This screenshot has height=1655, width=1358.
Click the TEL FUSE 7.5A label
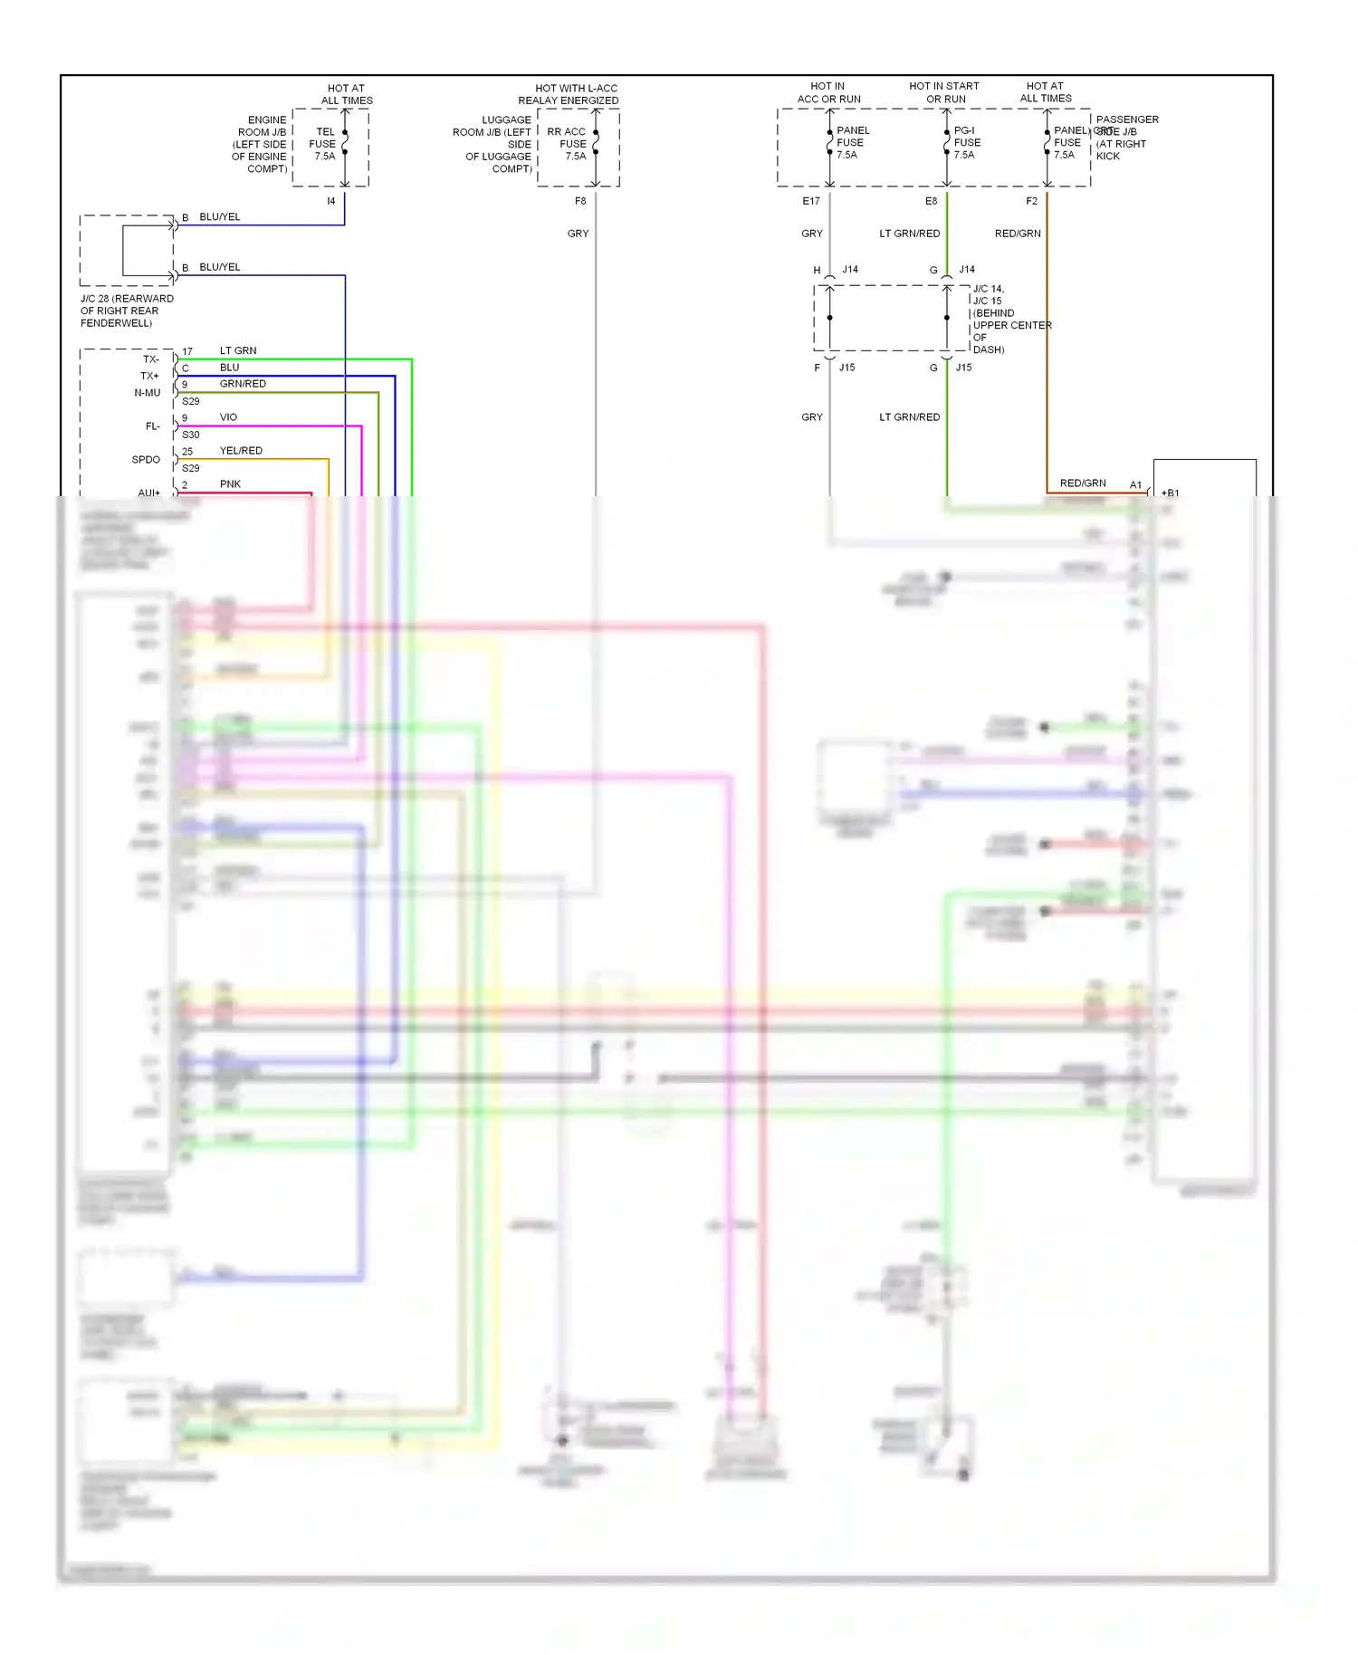coord(323,144)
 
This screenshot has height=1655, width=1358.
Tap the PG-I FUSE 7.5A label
coord(966,143)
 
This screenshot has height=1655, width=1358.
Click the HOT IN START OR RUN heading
coord(944,92)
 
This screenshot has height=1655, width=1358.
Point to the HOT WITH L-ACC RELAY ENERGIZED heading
coord(571,94)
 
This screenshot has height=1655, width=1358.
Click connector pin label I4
coord(331,201)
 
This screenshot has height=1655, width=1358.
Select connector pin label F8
coord(580,201)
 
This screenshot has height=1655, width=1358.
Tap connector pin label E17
coord(811,201)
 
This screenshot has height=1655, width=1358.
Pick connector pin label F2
coord(1031,201)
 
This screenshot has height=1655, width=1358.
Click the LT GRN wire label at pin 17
coord(238,350)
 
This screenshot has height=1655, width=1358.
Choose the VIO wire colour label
coord(228,417)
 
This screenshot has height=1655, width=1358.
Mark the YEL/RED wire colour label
coord(241,451)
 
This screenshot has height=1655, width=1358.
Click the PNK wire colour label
coord(230,484)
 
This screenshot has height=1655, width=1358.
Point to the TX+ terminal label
coord(149,376)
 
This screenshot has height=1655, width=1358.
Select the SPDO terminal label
coord(146,460)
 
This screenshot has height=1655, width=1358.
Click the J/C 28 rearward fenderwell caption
coord(126,311)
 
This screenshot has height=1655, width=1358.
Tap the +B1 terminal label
coord(1170,493)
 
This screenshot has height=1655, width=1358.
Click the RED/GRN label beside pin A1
coord(1083,483)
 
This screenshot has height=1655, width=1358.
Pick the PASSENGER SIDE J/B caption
coord(1126,138)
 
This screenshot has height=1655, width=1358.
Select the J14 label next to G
coord(967,270)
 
